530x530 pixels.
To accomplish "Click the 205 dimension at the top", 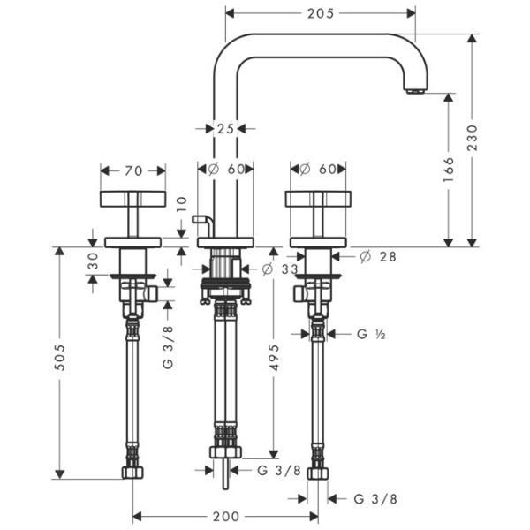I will point(320,13).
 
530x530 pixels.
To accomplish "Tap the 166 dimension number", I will point(448,167).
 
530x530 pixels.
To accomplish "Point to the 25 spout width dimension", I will point(224,128).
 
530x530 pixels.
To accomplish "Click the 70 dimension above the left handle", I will point(133,169).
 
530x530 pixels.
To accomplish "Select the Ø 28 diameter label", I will point(377,256).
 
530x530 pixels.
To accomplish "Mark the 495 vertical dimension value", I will point(274,360).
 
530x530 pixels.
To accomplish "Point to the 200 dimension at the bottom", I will point(226,515).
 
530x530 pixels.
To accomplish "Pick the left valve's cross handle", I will point(133,198).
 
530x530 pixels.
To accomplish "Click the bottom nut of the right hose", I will point(318,474).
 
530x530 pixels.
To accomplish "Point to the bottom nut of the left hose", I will point(133,474).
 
